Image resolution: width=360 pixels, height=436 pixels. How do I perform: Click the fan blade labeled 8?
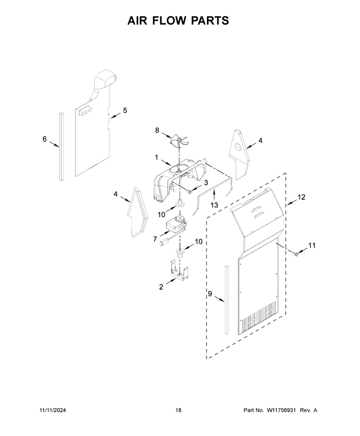click(x=179, y=139)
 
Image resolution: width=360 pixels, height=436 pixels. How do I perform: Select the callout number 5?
click(x=125, y=111)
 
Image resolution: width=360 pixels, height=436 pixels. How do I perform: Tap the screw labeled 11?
click(x=295, y=253)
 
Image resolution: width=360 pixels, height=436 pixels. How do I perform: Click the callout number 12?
click(x=301, y=197)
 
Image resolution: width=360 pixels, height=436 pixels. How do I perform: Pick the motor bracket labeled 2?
click(x=178, y=271)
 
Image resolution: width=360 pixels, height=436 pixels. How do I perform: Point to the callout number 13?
click(x=214, y=205)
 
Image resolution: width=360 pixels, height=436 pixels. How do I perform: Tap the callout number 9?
click(x=210, y=294)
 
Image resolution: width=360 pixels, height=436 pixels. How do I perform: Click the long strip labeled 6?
click(x=62, y=147)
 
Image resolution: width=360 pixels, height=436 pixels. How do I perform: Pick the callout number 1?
click(x=157, y=158)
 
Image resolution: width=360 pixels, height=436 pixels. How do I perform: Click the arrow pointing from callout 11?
click(x=302, y=250)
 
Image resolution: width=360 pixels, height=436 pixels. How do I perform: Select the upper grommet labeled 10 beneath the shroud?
click(x=180, y=203)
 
